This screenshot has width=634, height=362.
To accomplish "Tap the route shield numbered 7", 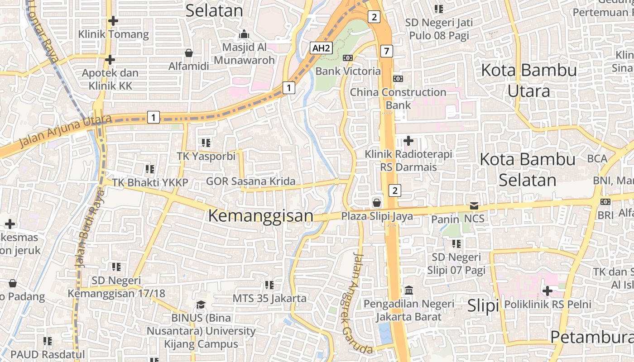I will [x=386, y=51].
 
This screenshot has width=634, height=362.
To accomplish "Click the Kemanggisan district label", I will [x=260, y=216].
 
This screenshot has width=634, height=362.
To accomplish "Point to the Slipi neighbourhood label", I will [x=483, y=306].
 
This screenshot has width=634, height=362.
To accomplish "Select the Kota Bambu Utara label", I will [x=528, y=81].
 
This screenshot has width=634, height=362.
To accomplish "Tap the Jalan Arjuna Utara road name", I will [x=65, y=131].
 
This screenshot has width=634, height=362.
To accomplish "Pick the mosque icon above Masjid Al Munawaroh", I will [x=244, y=34].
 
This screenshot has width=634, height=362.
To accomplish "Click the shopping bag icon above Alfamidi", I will [x=189, y=53].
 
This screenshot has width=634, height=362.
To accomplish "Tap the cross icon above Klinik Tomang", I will [x=113, y=21].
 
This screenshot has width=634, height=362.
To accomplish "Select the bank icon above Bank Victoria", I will [x=348, y=58].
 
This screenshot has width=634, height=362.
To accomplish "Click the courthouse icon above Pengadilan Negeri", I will [x=408, y=290].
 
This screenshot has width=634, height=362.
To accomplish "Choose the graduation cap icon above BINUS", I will [x=200, y=305].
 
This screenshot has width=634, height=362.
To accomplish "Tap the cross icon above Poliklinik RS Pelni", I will [x=548, y=291].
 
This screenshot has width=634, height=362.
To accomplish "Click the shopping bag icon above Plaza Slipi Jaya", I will [x=376, y=202].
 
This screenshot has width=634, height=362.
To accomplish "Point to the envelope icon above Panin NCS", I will [x=474, y=206].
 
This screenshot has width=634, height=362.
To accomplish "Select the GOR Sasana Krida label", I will [x=250, y=181].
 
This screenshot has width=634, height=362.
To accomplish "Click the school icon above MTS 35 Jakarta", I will [x=269, y=285].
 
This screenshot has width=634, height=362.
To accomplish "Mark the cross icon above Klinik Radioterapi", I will [x=408, y=141].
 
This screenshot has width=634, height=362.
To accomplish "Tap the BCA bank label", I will [x=597, y=159].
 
